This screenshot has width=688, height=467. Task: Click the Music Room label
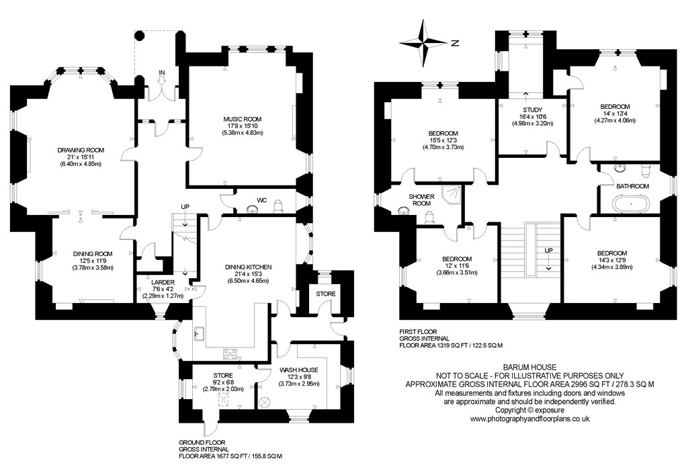pyautogui.click(x=242, y=119)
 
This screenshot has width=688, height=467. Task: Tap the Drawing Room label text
pyautogui.click(x=81, y=150)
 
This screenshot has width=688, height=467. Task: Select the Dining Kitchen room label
pyautogui.click(x=249, y=267)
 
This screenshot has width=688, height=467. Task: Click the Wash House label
pyautogui.click(x=299, y=370)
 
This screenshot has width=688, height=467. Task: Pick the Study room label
pyautogui.click(x=533, y=110)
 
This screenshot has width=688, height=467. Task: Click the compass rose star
pyautogui.click(x=424, y=43)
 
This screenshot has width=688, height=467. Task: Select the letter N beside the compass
pyautogui.click(x=456, y=43)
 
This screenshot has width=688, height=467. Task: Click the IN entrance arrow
pyautogui.click(x=161, y=79)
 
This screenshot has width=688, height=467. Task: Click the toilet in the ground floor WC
pyautogui.click(x=277, y=206)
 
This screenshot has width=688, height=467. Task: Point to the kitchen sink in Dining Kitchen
pyautogui.click(x=198, y=333)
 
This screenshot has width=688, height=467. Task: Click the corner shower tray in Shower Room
pyautogui.click(x=452, y=194)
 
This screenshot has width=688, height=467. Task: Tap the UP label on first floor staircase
pyautogui.click(x=548, y=251)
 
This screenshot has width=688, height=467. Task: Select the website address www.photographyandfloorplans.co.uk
pyautogui.click(x=529, y=419)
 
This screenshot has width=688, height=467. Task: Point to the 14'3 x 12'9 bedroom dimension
pyautogui.click(x=611, y=267)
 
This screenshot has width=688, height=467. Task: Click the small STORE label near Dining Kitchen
pyautogui.click(x=325, y=294)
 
